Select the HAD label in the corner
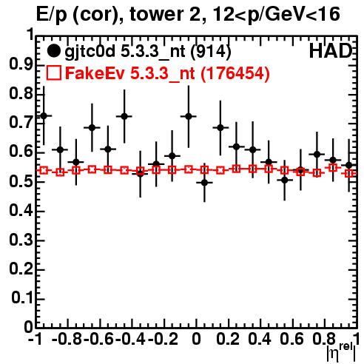coord(331,51)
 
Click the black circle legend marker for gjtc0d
coord(53,51)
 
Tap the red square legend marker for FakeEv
coord(53,73)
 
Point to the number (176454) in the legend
coord(235,73)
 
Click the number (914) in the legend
coord(211,52)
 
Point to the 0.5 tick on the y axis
coord(21,182)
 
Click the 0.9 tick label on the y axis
coord(21,65)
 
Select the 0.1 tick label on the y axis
coord(22,298)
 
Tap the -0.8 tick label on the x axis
coord(67,339)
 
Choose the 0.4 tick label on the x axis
coord(260,339)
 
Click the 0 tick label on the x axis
coord(196,339)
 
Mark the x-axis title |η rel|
coord(341,352)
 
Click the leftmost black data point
coord(44,115)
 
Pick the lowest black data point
coord(204,183)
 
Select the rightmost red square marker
coord(349,174)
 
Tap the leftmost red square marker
coord(44,170)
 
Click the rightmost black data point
coord(348,165)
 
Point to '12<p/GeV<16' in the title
coord(276,15)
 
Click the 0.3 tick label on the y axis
coord(21,240)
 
